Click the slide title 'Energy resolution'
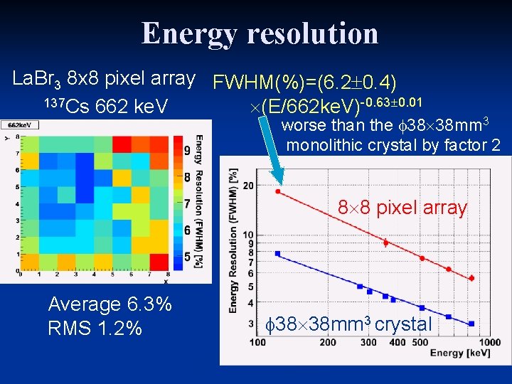click(259, 33)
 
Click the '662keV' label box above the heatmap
click(20, 126)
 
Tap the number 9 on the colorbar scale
click(186, 151)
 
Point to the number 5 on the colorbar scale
click(186, 256)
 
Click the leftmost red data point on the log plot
click(277, 191)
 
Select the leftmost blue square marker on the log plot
click(277, 253)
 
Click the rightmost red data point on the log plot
click(471, 278)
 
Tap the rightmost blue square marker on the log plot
click(471, 324)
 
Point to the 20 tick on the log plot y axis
click(248, 186)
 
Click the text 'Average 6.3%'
click(110, 304)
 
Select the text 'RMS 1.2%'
click(95, 329)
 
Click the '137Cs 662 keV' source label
click(105, 107)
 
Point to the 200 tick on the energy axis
click(327, 342)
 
